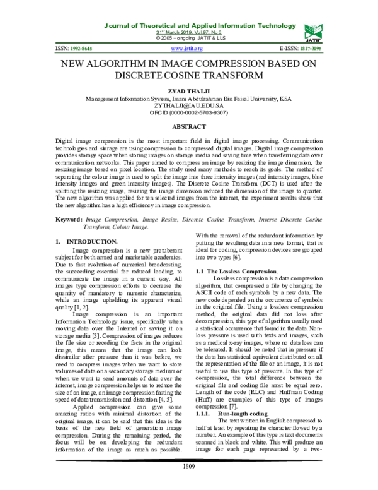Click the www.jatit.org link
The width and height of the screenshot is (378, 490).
point(186,48)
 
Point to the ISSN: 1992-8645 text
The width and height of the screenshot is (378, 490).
point(75,48)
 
